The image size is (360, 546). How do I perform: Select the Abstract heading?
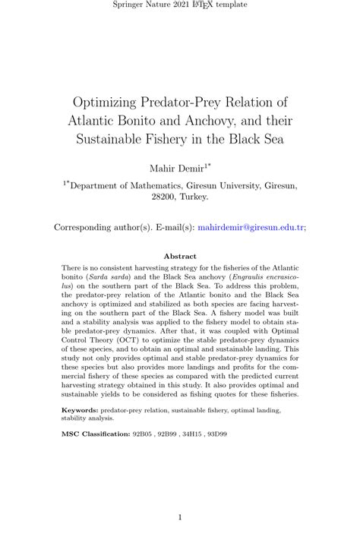[180, 257]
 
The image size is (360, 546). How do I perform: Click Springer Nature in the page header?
[139, 5]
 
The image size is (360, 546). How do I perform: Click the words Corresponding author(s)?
[102, 227]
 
